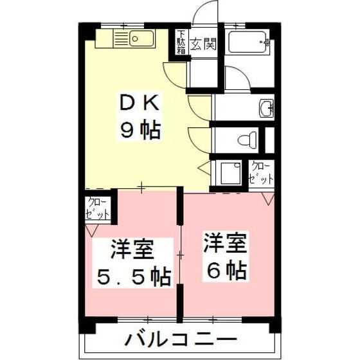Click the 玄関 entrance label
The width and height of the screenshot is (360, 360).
[x=203, y=44]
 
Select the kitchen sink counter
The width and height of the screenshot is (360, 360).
[x=126, y=39]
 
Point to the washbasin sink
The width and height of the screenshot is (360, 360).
[x=265, y=109]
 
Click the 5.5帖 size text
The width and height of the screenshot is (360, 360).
[x=134, y=278]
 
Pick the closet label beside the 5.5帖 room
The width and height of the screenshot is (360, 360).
[x=97, y=208]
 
